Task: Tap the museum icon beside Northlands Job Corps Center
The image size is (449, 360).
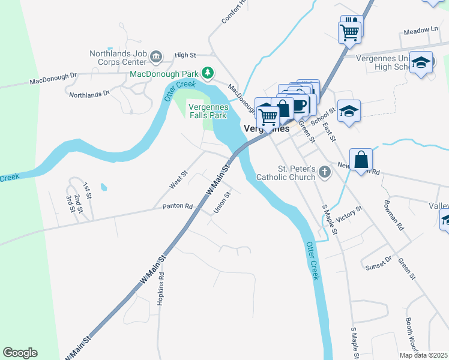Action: click(x=157, y=57)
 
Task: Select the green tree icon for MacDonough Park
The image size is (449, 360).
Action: click(x=208, y=73)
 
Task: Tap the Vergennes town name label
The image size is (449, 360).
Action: click(x=267, y=128)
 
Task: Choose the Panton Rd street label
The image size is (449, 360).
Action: click(x=177, y=206)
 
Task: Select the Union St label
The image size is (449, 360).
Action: click(x=222, y=203)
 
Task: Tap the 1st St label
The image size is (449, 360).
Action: click(x=87, y=191)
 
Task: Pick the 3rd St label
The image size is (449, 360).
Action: click(x=70, y=202)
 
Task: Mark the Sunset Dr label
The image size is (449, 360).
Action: click(x=379, y=261)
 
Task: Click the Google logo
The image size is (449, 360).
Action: click(x=20, y=353)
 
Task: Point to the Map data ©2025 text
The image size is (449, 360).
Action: click(x=423, y=355)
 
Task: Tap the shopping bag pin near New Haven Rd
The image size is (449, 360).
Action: click(x=361, y=160)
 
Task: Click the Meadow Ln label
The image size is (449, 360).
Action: click(x=421, y=29)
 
